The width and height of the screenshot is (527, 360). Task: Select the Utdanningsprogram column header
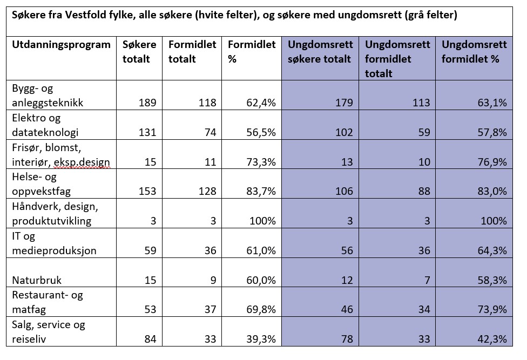tap(61, 45)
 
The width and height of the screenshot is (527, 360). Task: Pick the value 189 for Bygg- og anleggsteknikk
tap(147, 103)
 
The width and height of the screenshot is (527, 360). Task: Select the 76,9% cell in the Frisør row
tap(492, 162)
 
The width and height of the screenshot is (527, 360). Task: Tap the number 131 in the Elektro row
tap(147, 132)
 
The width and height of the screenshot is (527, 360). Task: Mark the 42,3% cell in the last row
tap(492, 339)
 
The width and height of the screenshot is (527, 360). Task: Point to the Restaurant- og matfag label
tap(48, 302)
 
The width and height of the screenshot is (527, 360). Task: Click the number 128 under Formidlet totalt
tap(206, 191)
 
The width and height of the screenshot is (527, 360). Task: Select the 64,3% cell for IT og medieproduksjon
tap(492, 250)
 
